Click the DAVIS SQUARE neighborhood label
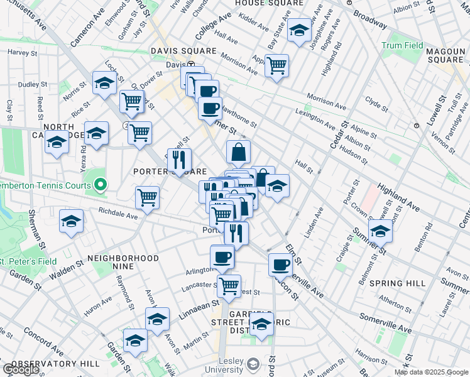pyautogui.click(x=183, y=51)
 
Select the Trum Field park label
pyautogui.click(x=402, y=45)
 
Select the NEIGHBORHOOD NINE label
pyautogui.click(x=123, y=263)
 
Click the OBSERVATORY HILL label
pyautogui.click(x=55, y=364)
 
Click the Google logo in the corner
pyautogui.click(x=20, y=369)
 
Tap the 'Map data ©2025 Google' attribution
pyautogui.click(x=430, y=372)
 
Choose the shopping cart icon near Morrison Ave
pyautogui.click(x=276, y=65)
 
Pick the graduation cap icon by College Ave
pyautogui.click(x=299, y=30)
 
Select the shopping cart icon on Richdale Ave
pyautogui.click(x=147, y=197)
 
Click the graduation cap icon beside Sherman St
pyautogui.click(x=72, y=221)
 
